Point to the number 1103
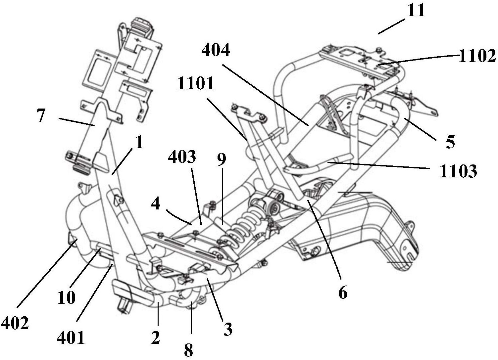(x=458, y=171)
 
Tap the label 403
(x=182, y=157)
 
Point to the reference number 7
(x=41, y=116)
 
